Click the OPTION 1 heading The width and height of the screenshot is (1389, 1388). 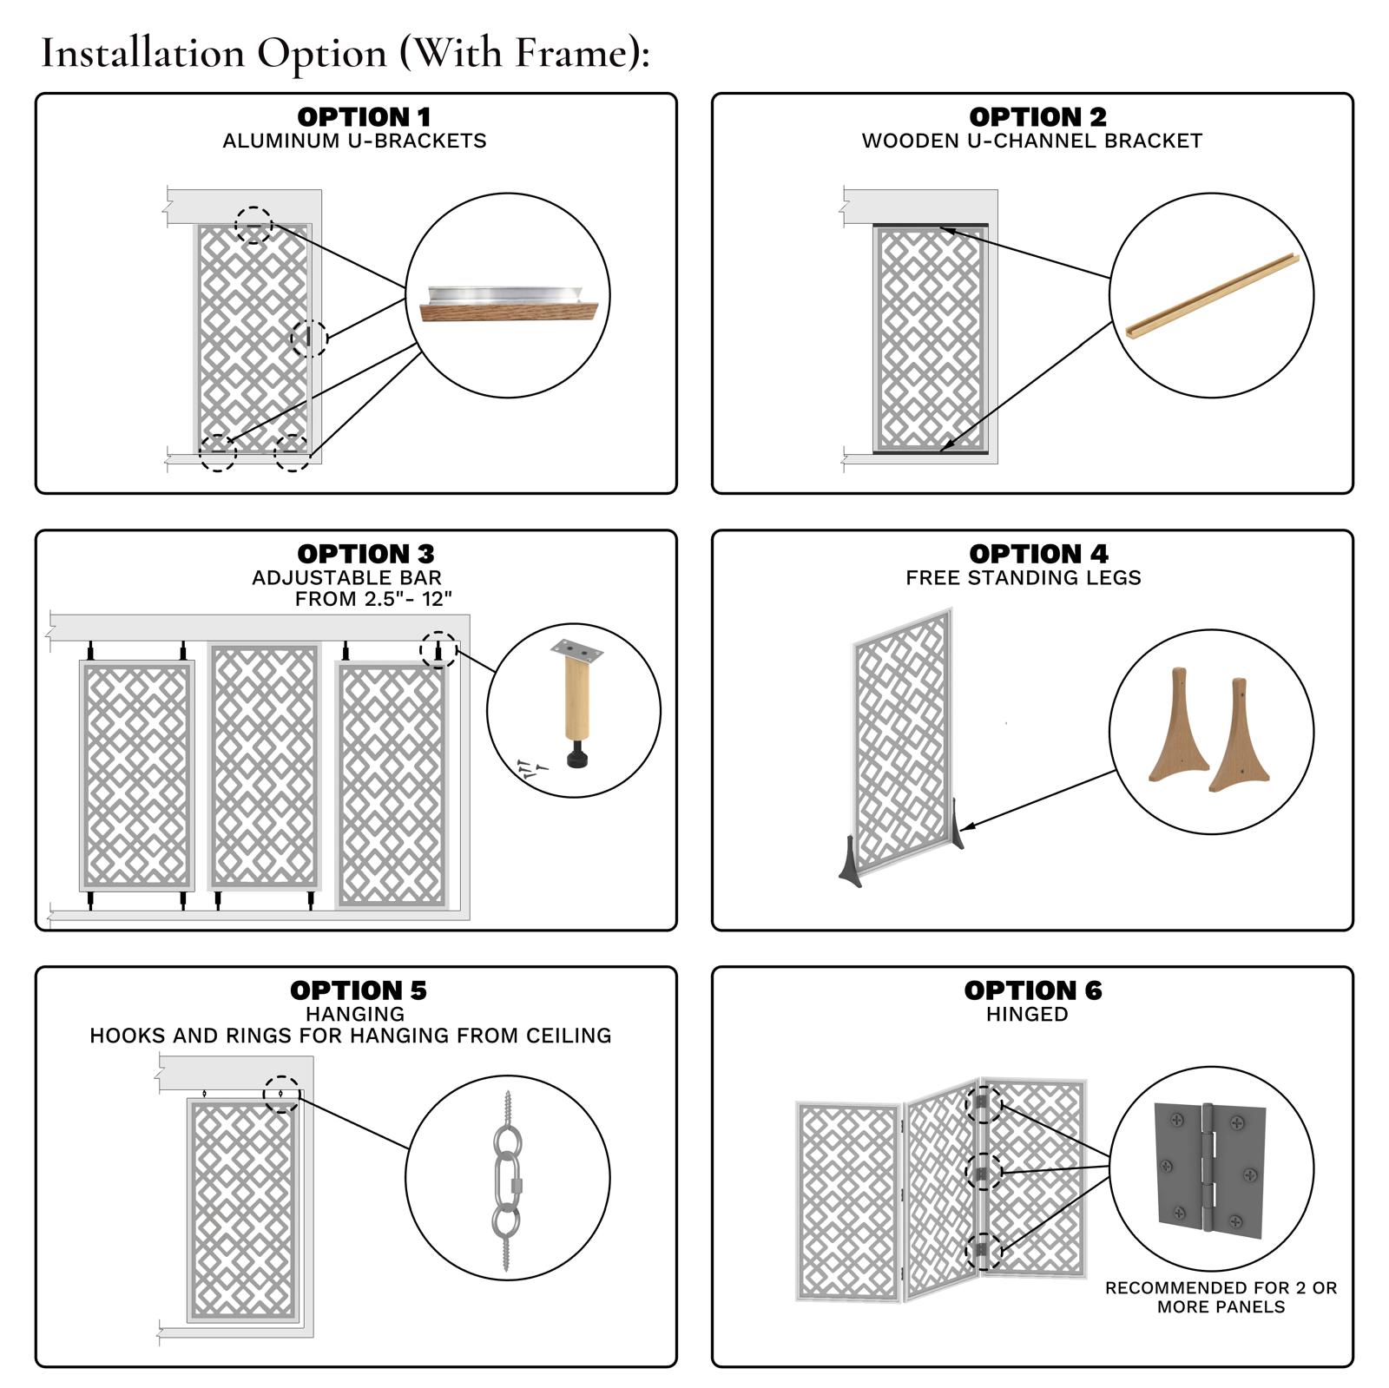coord(364,116)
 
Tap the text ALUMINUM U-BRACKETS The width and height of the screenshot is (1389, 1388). coord(354,141)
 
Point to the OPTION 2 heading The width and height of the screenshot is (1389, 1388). coord(1037,116)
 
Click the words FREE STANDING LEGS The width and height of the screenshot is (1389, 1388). coord(1023,577)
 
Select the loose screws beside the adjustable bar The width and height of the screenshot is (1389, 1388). coord(530,768)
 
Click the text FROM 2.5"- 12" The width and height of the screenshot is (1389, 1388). coord(373,599)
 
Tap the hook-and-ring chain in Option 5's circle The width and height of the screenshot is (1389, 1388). coord(507,1179)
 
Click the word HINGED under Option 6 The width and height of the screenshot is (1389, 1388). coord(1026,1014)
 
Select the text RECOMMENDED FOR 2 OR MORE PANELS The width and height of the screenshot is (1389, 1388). coord(1220,1297)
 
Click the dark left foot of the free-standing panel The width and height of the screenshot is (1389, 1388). coord(851,863)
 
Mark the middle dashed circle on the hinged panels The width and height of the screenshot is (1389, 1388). coord(983,1173)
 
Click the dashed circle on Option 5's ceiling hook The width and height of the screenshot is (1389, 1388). coord(281,1094)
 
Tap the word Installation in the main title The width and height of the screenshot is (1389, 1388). coord(142,54)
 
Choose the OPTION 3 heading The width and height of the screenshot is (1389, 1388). coord(365,553)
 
